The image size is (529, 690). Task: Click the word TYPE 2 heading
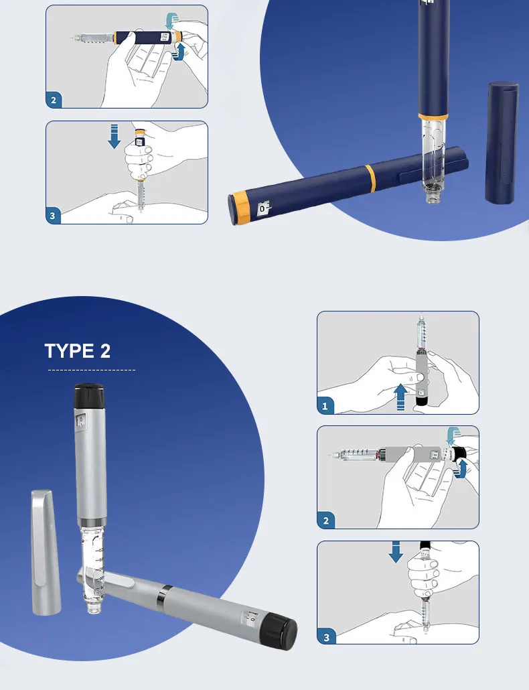pos(78,350)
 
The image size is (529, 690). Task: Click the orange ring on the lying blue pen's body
pos(370,177)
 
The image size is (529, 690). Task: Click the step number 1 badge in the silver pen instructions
pos(326,406)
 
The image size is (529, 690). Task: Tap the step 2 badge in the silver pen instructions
pos(326,521)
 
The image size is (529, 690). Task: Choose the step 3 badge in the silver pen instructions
pos(326,636)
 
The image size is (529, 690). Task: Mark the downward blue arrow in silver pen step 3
pos(396,552)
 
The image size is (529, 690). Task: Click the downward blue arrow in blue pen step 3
pos(115,135)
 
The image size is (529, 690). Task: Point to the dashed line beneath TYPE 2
pos(91,370)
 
